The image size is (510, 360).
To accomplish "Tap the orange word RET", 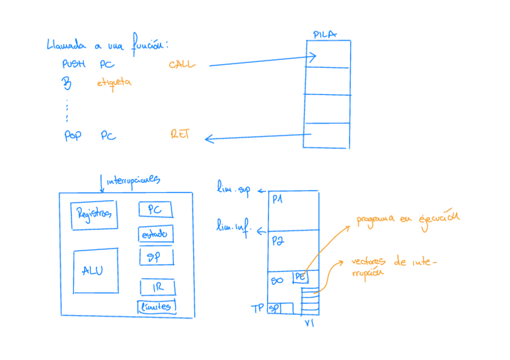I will (180, 134).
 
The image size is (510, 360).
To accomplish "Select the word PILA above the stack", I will (325, 34).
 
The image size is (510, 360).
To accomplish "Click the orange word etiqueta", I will (114, 82).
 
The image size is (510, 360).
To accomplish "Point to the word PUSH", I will (75, 64).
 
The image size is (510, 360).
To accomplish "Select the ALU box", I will (95, 271).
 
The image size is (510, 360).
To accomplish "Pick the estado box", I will (156, 234).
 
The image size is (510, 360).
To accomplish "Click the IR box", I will (158, 287).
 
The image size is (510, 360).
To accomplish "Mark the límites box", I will (156, 307).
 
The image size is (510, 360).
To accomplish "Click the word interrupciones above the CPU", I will (132, 180).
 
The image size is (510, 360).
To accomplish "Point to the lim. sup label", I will (233, 191).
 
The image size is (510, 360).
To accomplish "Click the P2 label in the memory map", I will (277, 240).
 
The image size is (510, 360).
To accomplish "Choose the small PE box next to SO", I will (300, 277).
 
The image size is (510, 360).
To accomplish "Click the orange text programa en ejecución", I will (407, 218).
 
